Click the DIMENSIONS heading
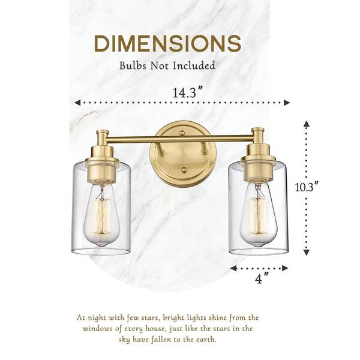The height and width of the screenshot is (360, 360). pos(167,44)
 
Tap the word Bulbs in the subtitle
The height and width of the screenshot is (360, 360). pos(133,65)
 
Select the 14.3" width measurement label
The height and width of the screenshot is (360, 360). pos(188,92)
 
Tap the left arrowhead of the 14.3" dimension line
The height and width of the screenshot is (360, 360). pos(77,103)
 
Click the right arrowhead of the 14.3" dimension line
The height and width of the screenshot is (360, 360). pos(287,103)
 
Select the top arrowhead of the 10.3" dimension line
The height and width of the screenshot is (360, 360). pos(306,124)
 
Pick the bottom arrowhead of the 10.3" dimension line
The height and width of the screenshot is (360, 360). pos(306,253)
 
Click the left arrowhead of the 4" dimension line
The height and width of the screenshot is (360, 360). pos(233,268)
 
